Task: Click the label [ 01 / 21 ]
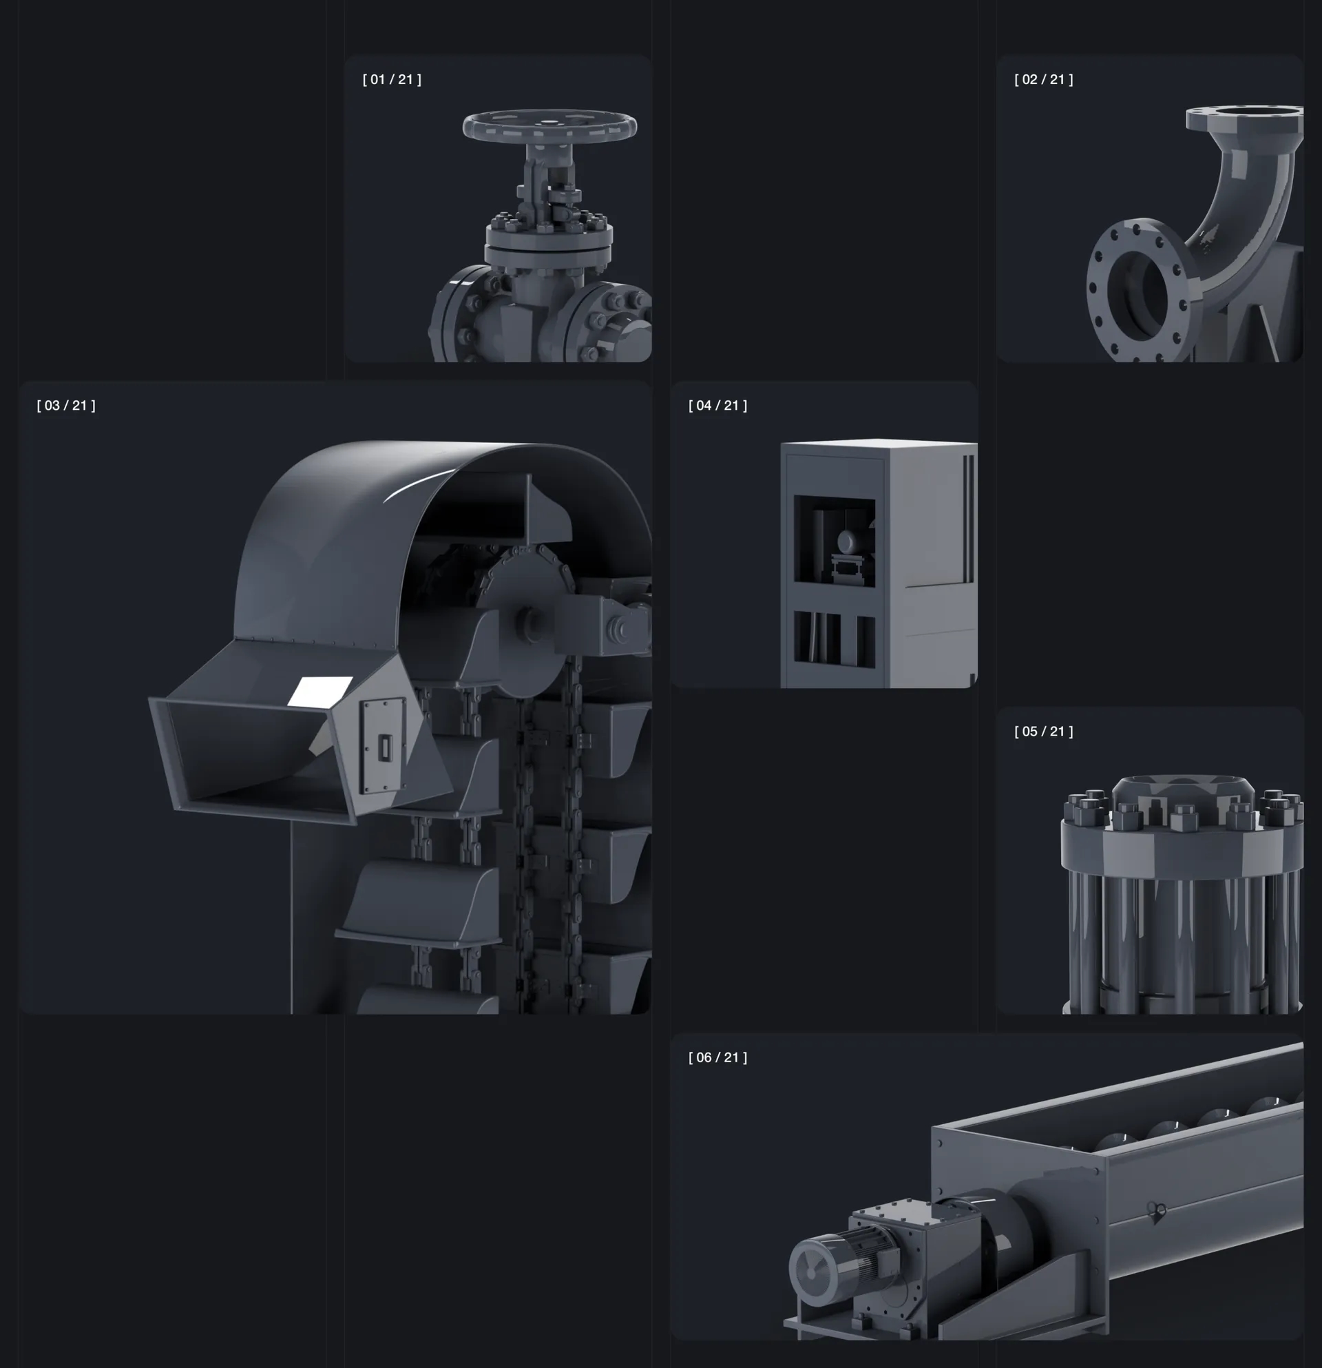point(391,80)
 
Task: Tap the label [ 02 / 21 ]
point(1044,80)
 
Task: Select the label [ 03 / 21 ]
point(66,406)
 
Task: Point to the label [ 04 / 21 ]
point(718,406)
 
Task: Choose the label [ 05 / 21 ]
point(1044,732)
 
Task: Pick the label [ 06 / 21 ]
point(718,1057)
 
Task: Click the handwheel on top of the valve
point(549,125)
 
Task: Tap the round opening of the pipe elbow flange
point(1137,291)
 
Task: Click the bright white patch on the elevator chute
point(321,691)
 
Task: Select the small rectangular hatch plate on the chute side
point(383,747)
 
